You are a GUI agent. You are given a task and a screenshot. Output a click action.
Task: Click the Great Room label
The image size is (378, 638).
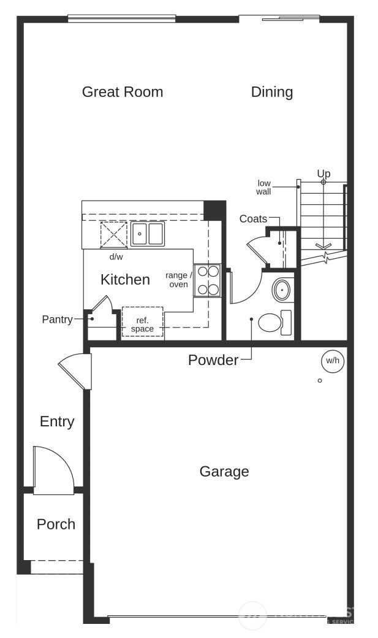(x=123, y=92)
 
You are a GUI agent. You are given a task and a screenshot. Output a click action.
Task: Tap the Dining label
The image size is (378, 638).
(x=272, y=92)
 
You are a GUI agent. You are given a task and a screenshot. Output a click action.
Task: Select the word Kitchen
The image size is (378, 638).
(x=125, y=280)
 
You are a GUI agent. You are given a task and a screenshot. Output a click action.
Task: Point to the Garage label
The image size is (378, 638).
(x=224, y=472)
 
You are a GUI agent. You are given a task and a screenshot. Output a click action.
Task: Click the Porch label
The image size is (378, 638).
(x=56, y=525)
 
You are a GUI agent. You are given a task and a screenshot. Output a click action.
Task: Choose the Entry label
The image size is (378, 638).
(x=57, y=421)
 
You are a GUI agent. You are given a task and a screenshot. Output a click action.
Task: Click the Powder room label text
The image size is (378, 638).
(x=213, y=360)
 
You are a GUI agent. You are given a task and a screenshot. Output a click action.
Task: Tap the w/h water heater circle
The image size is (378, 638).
(x=333, y=361)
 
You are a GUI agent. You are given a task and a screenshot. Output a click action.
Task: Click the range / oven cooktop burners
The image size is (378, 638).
(x=208, y=280)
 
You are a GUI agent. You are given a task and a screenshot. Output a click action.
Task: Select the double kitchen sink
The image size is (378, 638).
(x=148, y=234)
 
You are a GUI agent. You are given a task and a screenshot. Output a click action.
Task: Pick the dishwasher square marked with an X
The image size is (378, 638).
(x=113, y=234)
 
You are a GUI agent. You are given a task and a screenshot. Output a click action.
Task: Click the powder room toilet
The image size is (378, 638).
(x=274, y=322)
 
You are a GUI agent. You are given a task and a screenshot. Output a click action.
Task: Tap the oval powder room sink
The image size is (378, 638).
(x=282, y=290)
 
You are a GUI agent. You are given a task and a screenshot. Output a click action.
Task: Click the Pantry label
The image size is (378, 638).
(x=57, y=320)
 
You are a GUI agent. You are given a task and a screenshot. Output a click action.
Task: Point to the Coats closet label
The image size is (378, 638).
(x=253, y=219)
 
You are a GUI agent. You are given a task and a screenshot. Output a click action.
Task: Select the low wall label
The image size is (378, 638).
(x=263, y=187)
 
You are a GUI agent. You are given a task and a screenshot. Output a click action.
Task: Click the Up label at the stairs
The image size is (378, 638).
(x=323, y=174)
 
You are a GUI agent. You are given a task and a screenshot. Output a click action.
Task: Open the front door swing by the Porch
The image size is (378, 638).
(x=54, y=471)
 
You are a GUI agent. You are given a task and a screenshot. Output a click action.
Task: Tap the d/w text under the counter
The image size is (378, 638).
(x=116, y=256)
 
